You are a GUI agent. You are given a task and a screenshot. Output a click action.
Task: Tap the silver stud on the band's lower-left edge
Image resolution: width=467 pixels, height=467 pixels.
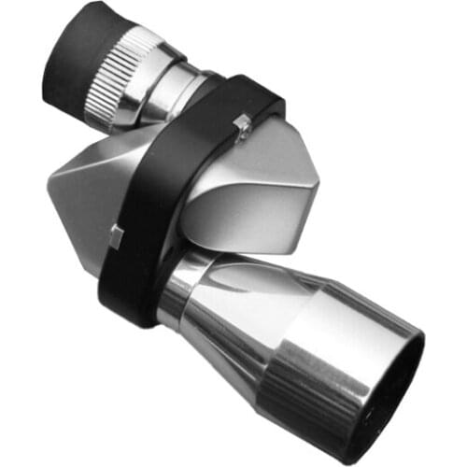(117, 234)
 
